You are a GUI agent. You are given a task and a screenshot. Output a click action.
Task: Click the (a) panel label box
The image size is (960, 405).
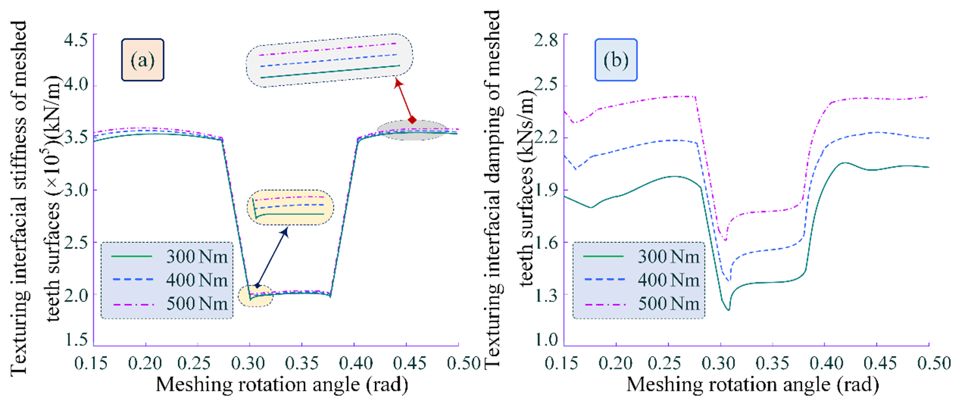click(x=142, y=61)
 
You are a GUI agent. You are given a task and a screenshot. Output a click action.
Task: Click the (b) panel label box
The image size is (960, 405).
click(x=615, y=61)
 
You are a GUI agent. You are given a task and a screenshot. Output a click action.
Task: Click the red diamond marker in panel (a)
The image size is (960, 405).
click(x=412, y=119)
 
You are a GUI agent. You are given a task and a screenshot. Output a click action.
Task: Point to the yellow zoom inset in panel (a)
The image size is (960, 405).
click(x=290, y=208)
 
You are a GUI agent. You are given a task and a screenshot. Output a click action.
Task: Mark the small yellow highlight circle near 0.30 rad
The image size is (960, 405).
click(x=256, y=296)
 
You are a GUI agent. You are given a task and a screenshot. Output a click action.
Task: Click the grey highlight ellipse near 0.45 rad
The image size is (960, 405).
click(x=413, y=130)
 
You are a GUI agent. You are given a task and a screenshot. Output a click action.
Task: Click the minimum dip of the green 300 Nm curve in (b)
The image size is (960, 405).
click(x=728, y=310)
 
